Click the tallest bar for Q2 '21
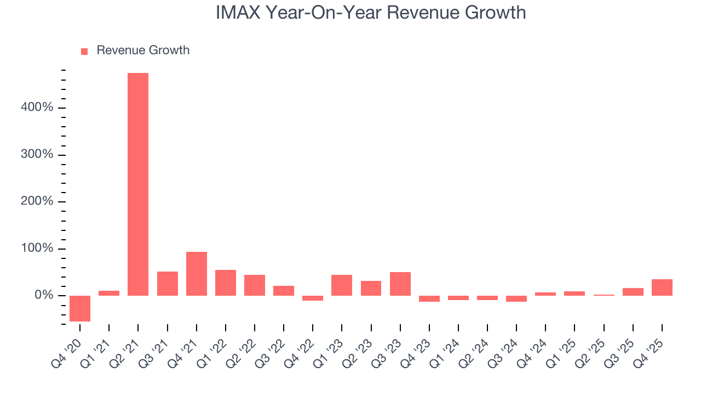[138, 184]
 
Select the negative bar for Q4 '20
[80, 308]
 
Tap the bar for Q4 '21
[197, 274]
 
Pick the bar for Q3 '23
[400, 284]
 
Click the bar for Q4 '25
[662, 287]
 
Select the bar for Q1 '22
[226, 283]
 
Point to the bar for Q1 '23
[342, 285]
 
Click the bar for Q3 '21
[168, 284]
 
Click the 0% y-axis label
[44, 296]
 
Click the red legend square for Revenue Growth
[84, 52]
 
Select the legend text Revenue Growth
[143, 50]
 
